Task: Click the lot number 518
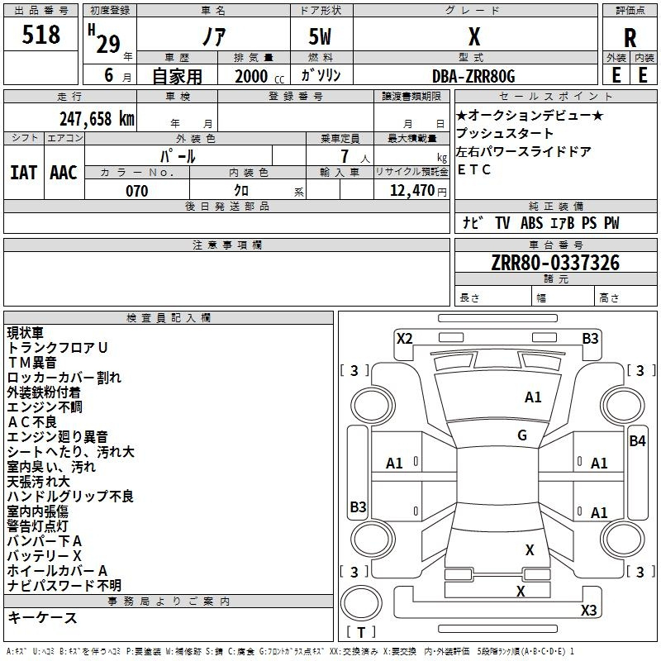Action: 42,36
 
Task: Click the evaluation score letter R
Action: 630,38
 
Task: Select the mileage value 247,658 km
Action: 97,118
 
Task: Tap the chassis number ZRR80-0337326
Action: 555,263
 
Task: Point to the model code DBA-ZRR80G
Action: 473,76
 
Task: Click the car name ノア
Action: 212,38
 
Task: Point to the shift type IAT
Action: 23,173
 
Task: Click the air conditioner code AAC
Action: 64,173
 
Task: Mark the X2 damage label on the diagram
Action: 404,338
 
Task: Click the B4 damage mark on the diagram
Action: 637,441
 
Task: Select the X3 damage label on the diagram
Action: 588,611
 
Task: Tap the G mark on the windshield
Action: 522,435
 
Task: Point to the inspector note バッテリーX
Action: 45,556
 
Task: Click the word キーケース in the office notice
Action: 42,618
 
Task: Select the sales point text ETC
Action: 474,169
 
